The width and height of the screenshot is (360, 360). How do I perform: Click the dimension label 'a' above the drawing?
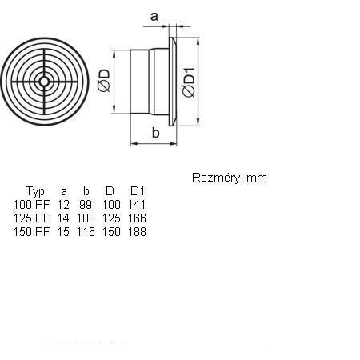click(x=154, y=17)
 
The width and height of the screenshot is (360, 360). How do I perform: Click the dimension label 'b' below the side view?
click(x=155, y=133)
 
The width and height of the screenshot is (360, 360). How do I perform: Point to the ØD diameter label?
click(x=104, y=81)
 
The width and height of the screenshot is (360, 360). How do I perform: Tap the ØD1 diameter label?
click(x=189, y=82)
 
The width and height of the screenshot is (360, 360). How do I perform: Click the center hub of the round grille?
click(x=44, y=82)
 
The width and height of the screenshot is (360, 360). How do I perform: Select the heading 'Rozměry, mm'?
click(x=230, y=178)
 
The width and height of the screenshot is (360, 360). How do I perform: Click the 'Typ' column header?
click(x=35, y=191)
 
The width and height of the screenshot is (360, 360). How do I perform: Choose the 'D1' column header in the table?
click(x=138, y=191)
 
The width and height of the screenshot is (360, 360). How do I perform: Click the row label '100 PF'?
click(x=31, y=205)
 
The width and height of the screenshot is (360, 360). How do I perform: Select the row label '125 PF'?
click(x=31, y=218)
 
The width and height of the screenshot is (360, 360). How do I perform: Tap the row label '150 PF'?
click(x=31, y=232)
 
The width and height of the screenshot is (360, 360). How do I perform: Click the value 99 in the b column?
click(x=86, y=205)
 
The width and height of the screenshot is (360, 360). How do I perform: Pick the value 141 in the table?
click(x=137, y=205)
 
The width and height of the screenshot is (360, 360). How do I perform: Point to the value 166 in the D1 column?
click(x=137, y=218)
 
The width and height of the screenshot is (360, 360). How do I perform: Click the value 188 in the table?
click(x=137, y=232)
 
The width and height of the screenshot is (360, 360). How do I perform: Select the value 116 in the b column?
click(x=86, y=232)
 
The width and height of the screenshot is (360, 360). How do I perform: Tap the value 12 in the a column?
click(x=63, y=205)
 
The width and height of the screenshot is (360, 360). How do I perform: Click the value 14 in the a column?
click(x=63, y=218)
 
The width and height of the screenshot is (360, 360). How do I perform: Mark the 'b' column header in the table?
click(x=86, y=191)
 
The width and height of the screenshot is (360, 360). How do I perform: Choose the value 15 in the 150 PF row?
click(x=63, y=232)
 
